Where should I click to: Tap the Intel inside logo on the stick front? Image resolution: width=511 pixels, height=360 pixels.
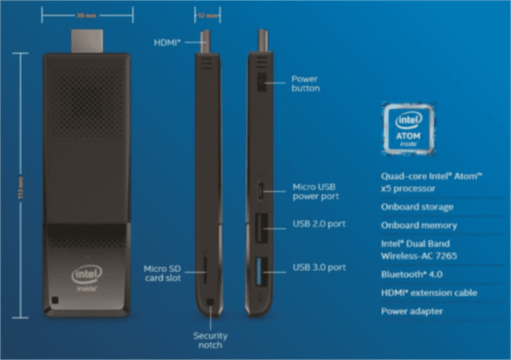tap(86, 279)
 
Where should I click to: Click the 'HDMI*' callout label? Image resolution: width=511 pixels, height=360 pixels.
tap(167, 42)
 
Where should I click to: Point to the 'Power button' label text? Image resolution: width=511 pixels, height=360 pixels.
tap(305, 84)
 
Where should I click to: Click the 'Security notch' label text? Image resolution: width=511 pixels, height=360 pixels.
tap(210, 340)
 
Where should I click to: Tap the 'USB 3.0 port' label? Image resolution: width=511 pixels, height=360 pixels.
tap(319, 266)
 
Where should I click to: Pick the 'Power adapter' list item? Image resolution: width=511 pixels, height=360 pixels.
tap(411, 311)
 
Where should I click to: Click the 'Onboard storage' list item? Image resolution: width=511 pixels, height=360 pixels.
tap(417, 207)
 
